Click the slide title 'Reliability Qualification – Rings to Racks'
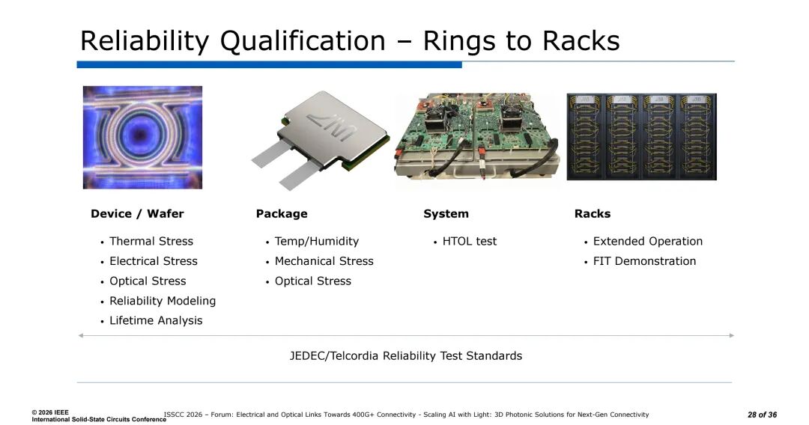pos(350,40)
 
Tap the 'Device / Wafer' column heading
pos(137,214)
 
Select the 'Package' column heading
pos(282,214)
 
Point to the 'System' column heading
pos(446,214)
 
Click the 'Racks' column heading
pos(593,214)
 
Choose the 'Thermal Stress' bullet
pos(151,241)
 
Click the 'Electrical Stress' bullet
pos(154,261)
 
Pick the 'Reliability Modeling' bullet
pos(163,301)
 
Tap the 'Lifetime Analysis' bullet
pos(156,320)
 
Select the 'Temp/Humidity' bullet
pos(317,241)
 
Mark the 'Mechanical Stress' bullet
pos(324,261)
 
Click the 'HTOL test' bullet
pos(470,241)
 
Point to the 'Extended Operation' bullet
pos(648,241)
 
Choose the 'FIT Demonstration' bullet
pos(644,261)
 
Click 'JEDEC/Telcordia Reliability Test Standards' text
pos(405,356)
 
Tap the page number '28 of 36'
pos(762,415)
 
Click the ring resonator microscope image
pos(142,137)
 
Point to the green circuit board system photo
pos(476,136)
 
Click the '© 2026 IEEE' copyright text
pos(50,412)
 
